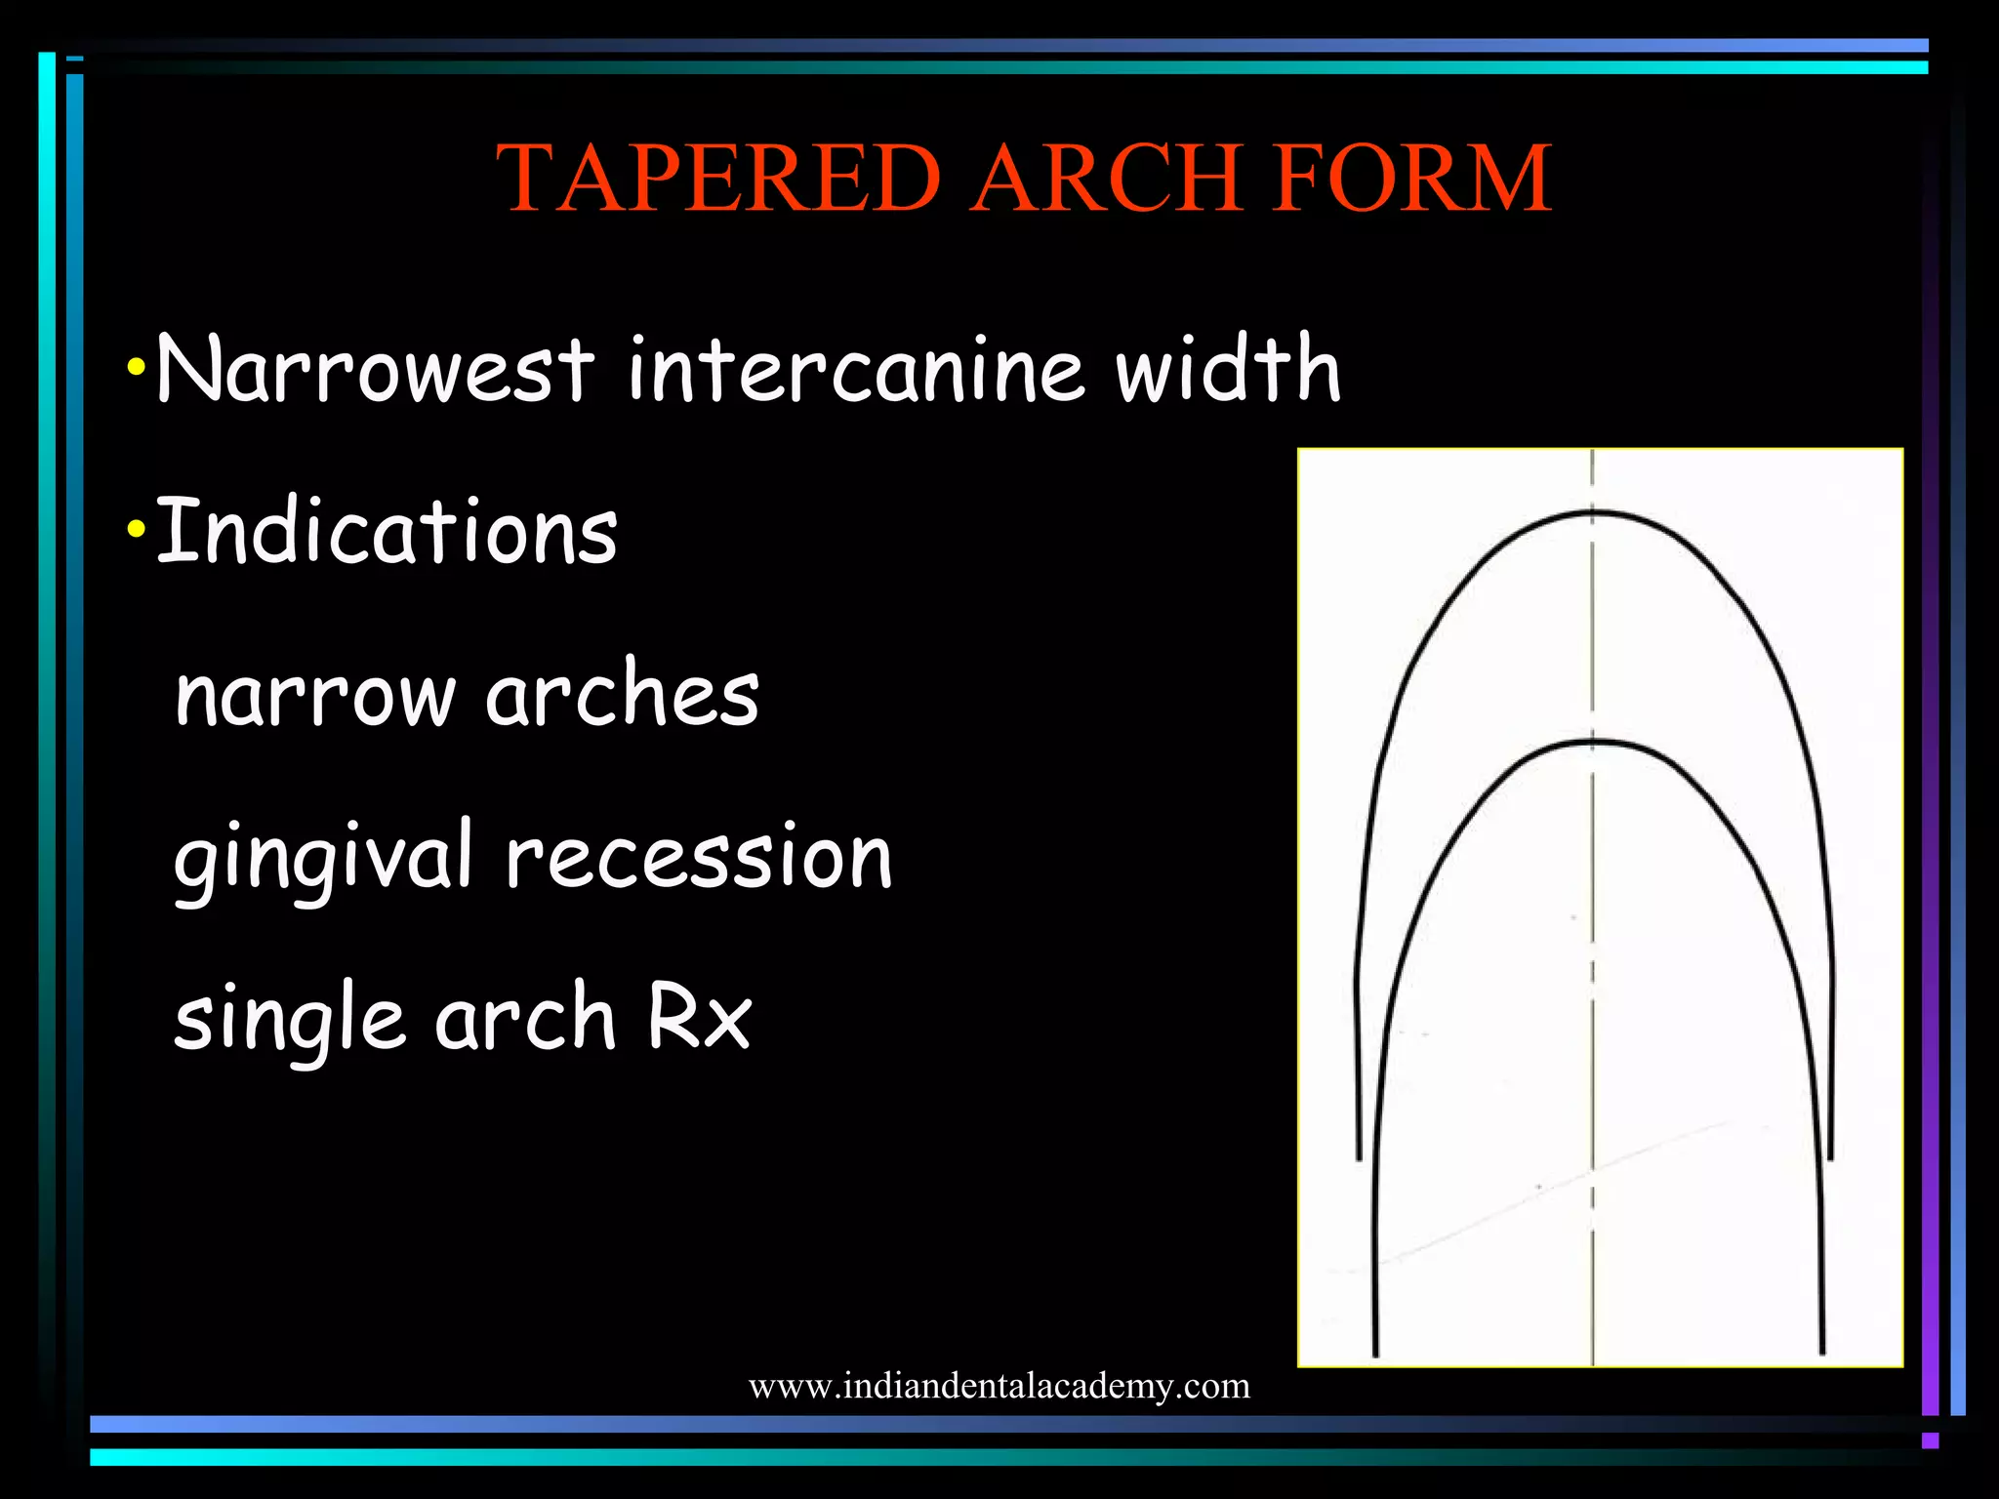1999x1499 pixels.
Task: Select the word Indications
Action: [387, 531]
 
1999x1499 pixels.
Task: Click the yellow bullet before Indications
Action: [137, 531]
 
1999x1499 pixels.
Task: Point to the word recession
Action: [699, 857]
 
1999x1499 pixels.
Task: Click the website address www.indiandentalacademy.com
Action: [999, 1386]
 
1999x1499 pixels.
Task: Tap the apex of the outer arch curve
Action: [1593, 511]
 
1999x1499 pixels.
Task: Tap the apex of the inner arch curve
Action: [1593, 744]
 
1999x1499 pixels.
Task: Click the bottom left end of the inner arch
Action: [1375, 1352]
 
